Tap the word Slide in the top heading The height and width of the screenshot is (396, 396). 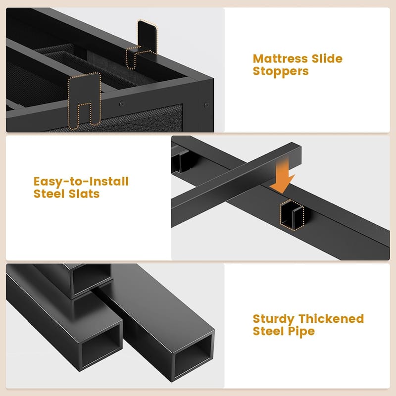(327, 58)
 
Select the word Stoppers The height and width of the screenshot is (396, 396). (281, 71)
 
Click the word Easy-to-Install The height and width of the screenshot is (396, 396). (81, 182)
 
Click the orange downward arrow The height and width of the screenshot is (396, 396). (283, 176)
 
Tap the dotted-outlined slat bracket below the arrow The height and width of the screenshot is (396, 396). (292, 215)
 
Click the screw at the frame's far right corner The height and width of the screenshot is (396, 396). (206, 105)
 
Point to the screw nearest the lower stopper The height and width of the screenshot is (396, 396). (122, 103)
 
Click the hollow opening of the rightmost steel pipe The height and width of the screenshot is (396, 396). (193, 356)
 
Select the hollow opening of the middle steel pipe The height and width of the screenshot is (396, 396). (101, 346)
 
